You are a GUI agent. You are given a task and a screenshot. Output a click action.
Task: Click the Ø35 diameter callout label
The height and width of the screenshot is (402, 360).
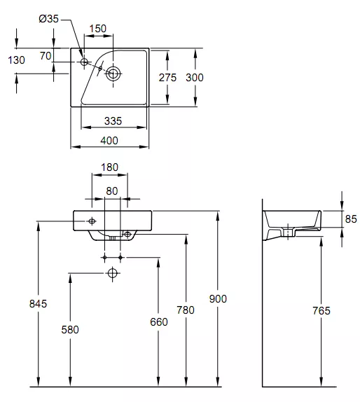click(x=49, y=19)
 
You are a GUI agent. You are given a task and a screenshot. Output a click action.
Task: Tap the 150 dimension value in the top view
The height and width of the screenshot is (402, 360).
click(x=97, y=29)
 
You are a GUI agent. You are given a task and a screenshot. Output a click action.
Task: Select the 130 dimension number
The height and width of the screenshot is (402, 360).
click(x=16, y=60)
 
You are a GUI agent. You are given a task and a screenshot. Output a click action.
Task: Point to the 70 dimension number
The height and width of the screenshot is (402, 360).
click(x=46, y=56)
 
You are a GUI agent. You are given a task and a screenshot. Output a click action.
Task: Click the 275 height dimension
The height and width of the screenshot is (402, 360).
click(x=167, y=78)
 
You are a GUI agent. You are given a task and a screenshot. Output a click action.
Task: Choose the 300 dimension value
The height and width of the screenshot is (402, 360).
click(x=195, y=78)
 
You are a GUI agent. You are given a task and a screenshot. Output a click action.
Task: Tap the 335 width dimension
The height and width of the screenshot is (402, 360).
click(x=113, y=121)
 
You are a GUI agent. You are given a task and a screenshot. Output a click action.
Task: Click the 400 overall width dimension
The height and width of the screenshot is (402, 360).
click(x=109, y=141)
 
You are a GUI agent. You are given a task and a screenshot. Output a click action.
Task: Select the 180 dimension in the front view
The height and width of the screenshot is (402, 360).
click(x=109, y=167)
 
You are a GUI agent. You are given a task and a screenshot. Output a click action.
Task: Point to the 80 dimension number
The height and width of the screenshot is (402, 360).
click(x=112, y=191)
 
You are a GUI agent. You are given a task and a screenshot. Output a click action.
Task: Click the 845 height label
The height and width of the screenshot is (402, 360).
click(x=39, y=304)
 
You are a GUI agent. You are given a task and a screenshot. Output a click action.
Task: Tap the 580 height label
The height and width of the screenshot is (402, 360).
click(x=70, y=330)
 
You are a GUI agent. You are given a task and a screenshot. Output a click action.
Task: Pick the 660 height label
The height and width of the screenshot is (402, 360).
click(x=159, y=322)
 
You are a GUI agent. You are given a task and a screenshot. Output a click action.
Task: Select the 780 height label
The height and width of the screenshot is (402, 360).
click(x=186, y=310)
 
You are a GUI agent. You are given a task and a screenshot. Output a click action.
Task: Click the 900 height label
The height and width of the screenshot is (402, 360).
click(x=218, y=299)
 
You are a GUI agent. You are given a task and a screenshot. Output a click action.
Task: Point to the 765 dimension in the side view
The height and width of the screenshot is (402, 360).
click(x=321, y=311)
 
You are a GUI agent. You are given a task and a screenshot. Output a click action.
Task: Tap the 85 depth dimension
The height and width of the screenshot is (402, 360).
click(x=351, y=219)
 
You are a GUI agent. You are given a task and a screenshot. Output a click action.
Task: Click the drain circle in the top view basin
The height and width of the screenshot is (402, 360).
click(x=113, y=74)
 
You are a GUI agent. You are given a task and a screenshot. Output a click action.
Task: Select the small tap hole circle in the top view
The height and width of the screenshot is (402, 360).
click(x=84, y=62)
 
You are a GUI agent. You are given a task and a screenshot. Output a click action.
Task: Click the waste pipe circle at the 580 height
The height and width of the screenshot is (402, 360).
click(x=113, y=273)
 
